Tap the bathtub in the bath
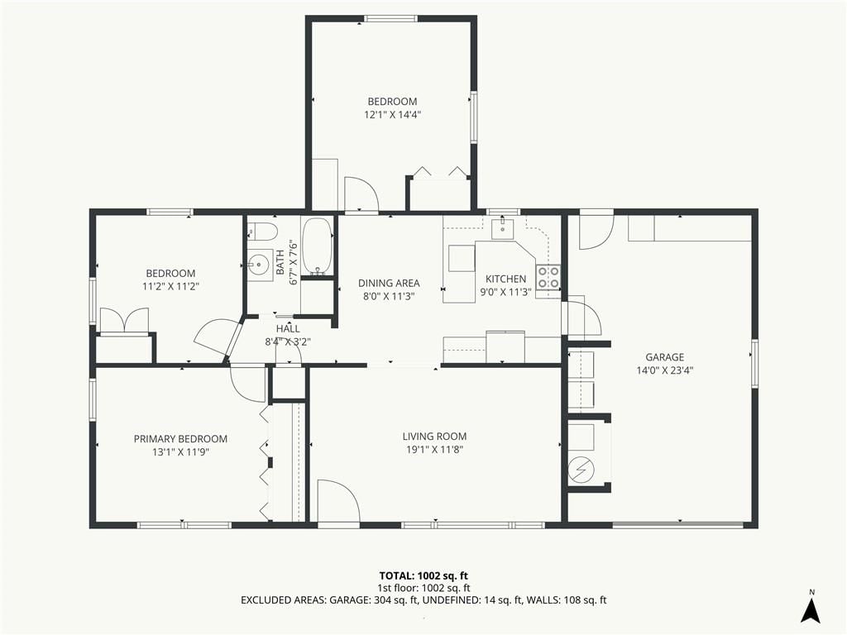(x=317, y=247)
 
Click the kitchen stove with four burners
(x=548, y=277)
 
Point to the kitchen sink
(x=504, y=228)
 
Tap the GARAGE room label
(x=664, y=357)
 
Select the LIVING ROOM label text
(x=434, y=437)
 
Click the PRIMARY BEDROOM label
(x=180, y=439)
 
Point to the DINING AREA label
(x=389, y=283)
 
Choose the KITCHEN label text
(x=505, y=279)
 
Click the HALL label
(x=288, y=328)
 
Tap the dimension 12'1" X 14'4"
(x=392, y=114)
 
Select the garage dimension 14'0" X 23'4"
(x=664, y=370)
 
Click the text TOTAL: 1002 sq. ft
(x=419, y=575)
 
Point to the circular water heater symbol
(x=581, y=470)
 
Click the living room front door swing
(x=338, y=500)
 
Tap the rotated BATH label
(x=280, y=262)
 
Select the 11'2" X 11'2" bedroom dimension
(x=170, y=287)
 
